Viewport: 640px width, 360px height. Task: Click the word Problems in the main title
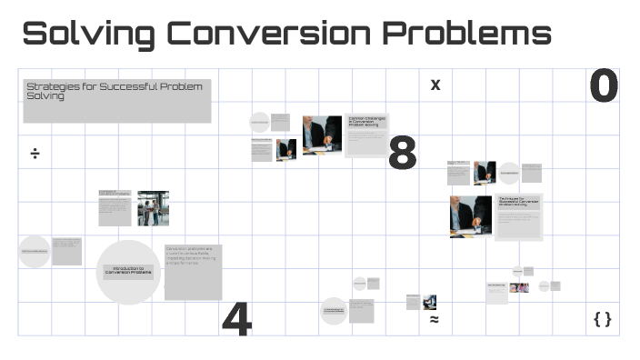pos(466,34)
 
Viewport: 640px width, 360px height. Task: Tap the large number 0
pos(603,87)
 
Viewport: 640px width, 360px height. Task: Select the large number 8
pos(402,155)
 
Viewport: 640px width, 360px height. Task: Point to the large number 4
pos(236,319)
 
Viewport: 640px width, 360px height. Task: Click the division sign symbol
pos(35,154)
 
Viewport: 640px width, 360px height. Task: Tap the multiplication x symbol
pos(435,85)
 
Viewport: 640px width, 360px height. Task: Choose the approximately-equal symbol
pos(435,320)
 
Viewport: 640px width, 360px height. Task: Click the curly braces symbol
pos(602,319)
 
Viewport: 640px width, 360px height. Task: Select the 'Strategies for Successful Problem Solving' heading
pos(116,100)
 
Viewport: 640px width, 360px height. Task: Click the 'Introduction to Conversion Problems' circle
pos(128,271)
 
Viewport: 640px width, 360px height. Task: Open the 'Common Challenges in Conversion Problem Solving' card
pos(366,135)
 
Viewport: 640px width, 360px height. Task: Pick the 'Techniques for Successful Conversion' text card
pos(519,216)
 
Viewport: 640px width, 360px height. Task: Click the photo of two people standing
pos(153,208)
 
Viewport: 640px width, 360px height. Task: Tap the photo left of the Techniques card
pos(470,216)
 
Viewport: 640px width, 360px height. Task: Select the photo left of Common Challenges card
pos(322,135)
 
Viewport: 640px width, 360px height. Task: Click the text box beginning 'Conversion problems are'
pos(193,271)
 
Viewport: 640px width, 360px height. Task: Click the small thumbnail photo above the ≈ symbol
pos(429,302)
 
